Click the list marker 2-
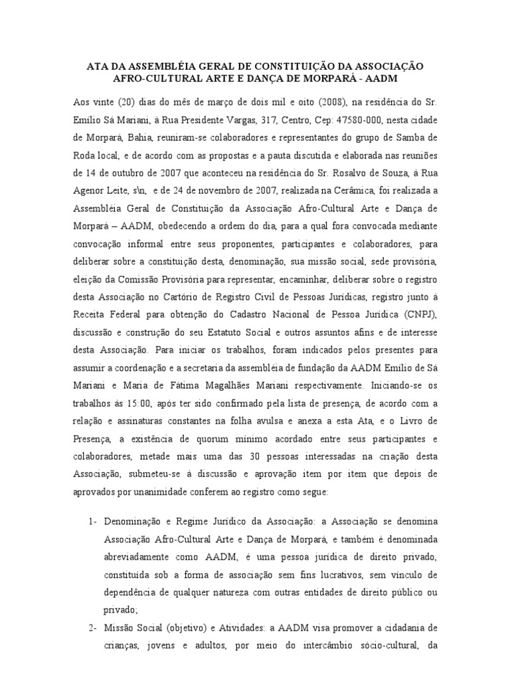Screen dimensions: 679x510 click(92, 627)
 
